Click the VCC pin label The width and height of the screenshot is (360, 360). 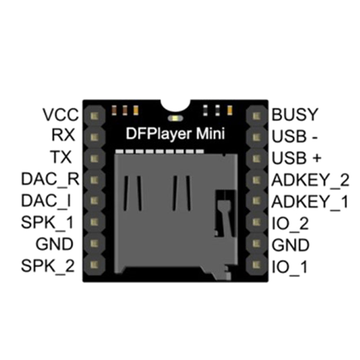click(x=61, y=115)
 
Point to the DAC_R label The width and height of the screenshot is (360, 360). click(x=50, y=180)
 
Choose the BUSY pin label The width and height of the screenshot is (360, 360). click(x=295, y=115)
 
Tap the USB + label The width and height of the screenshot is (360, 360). click(x=297, y=157)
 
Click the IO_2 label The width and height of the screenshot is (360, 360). click(x=291, y=223)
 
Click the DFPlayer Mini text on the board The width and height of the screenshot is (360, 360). click(x=174, y=134)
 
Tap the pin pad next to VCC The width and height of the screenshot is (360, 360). click(x=94, y=115)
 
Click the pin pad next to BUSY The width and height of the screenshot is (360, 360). click(x=257, y=115)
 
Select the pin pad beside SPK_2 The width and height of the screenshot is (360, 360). click(x=94, y=265)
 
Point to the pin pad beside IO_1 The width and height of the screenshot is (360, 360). click(x=257, y=265)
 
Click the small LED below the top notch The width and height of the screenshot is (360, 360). click(x=174, y=119)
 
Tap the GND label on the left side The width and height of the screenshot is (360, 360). click(x=55, y=244)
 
